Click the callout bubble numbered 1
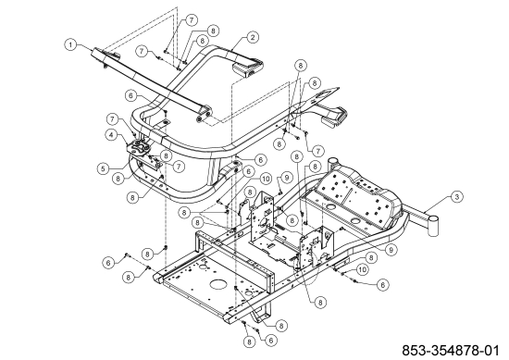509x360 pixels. click(x=70, y=43)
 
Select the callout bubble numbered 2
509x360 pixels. click(x=252, y=38)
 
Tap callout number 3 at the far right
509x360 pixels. click(x=456, y=196)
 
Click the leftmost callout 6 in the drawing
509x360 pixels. click(x=107, y=263)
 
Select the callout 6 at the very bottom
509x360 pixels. click(x=269, y=340)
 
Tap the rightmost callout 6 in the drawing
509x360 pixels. click(x=380, y=284)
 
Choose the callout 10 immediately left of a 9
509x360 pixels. click(x=265, y=178)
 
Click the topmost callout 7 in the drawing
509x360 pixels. click(x=192, y=19)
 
